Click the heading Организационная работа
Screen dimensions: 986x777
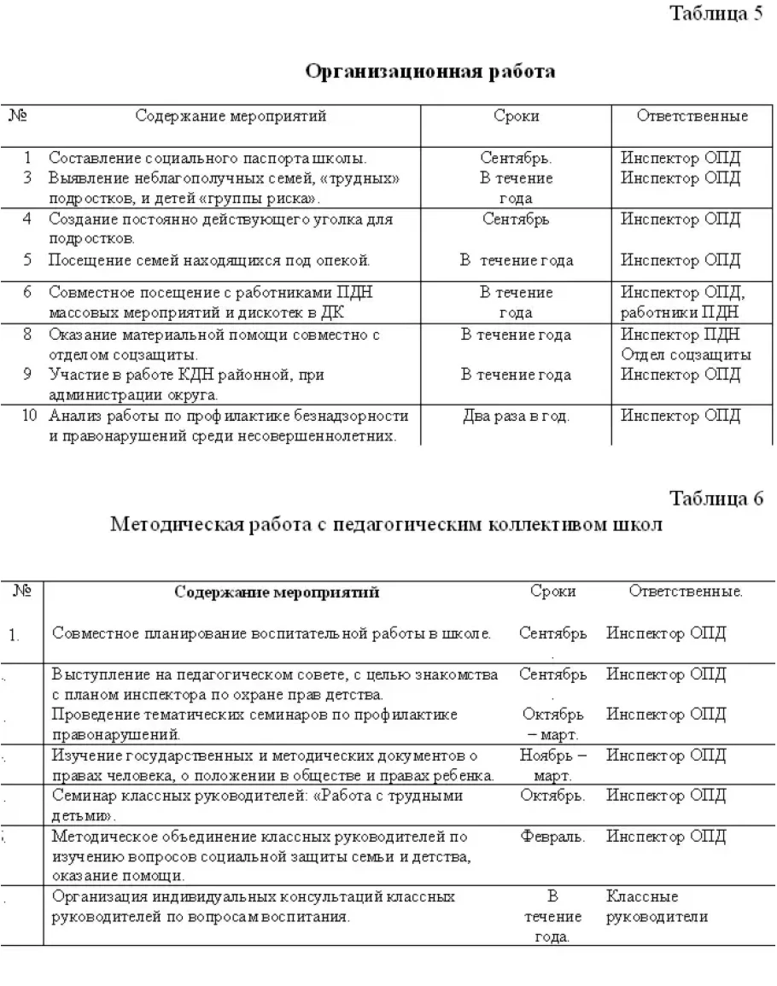(430, 72)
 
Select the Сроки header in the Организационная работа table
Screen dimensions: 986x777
(516, 117)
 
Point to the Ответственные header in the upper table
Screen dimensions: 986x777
(692, 117)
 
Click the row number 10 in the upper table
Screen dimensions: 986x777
(29, 416)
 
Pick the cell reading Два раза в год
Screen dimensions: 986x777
(516, 417)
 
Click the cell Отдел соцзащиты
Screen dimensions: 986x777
(686, 354)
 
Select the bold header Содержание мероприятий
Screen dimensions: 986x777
(277, 592)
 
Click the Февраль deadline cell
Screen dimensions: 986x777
(552, 837)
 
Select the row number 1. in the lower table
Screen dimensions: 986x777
(14, 634)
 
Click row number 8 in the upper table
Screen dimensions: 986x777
(27, 335)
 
